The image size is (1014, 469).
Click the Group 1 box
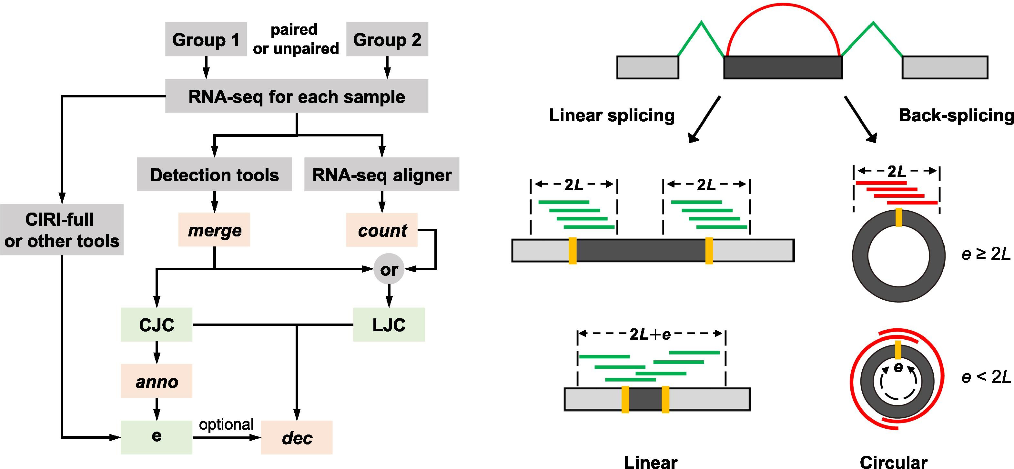click(206, 39)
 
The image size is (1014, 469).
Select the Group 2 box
click(387, 39)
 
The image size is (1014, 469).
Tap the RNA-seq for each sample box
click(296, 96)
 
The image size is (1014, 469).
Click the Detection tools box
click(214, 174)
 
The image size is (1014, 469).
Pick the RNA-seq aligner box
click(381, 174)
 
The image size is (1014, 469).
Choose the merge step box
click(214, 230)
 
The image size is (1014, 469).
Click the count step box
click(381, 230)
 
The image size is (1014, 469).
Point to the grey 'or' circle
click(389, 269)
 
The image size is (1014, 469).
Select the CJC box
click(156, 324)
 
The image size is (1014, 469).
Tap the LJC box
click(389, 324)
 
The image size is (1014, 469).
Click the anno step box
click(156, 381)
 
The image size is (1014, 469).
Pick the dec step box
click(296, 437)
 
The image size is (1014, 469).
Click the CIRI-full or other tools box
click(62, 229)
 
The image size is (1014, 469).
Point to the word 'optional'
click(226, 424)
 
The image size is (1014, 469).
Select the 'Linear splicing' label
click(612, 115)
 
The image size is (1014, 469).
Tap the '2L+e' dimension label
click(650, 334)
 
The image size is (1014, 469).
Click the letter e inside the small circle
click(898, 367)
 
